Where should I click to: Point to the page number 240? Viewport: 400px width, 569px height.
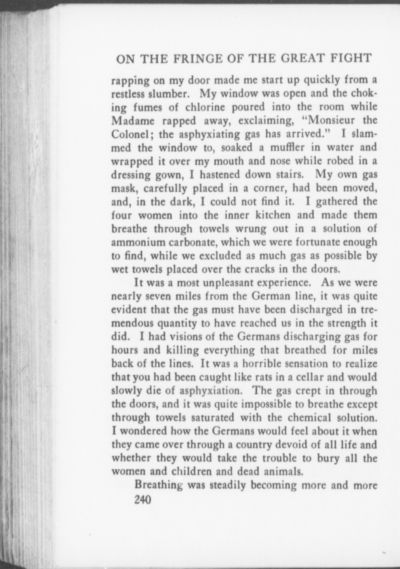(143, 500)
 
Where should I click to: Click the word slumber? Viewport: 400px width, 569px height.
(168, 94)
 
